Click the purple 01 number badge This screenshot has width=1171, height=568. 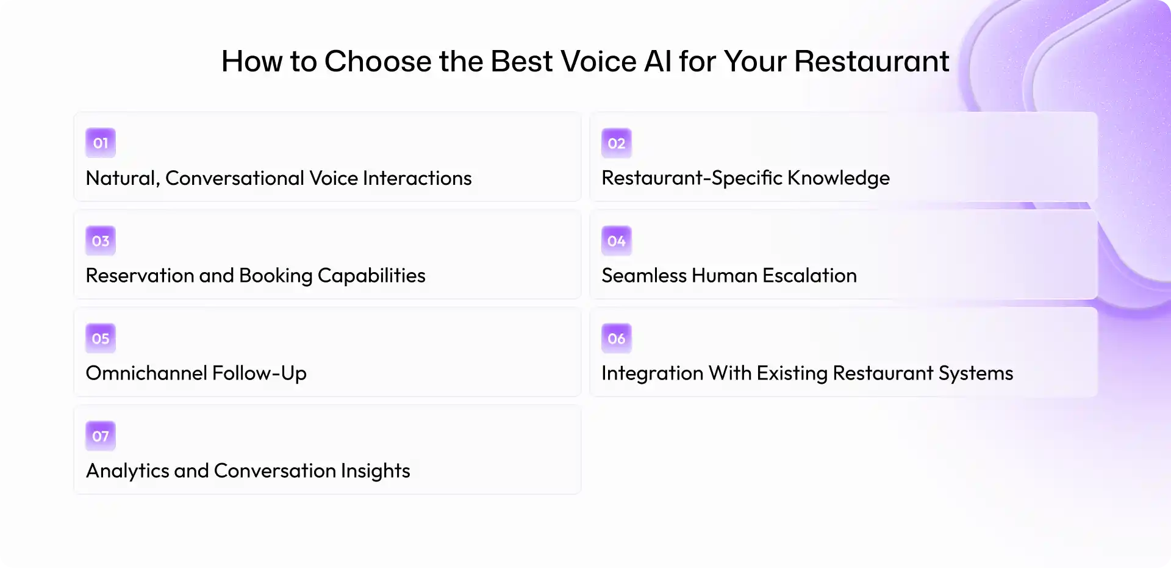pos(101,143)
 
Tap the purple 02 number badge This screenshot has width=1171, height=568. pos(617,143)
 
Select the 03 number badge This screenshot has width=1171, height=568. pos(101,240)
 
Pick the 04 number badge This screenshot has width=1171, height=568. pos(617,240)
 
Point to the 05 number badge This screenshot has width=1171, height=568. pos(101,338)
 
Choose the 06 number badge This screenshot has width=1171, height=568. pos(617,338)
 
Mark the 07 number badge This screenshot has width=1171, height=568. pos(101,436)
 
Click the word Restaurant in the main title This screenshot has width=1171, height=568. pos(872,62)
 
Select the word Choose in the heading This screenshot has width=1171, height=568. pos(378,62)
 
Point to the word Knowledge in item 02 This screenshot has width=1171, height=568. pos(839,178)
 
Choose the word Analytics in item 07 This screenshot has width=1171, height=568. pos(127,471)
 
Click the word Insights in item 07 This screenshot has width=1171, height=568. pos(375,471)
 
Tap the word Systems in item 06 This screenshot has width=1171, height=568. pos(976,373)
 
